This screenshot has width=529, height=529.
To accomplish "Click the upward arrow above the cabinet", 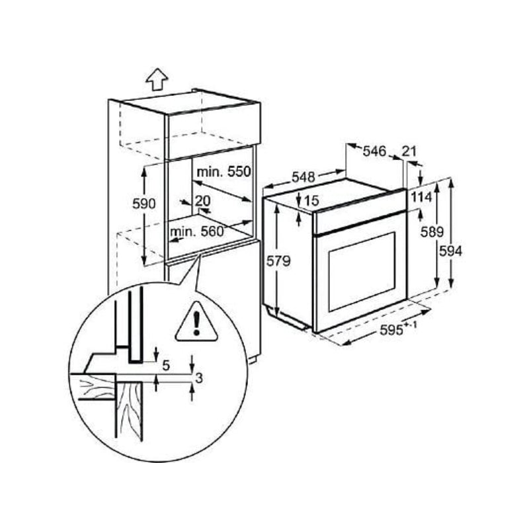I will pyautogui.click(x=157, y=79).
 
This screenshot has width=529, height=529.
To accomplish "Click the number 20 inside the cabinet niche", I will pyautogui.click(x=202, y=200).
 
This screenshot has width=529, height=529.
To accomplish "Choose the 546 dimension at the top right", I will pyautogui.click(x=374, y=151).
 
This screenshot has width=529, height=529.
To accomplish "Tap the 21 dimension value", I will pyautogui.click(x=409, y=151).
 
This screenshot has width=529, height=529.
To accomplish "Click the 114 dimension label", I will pyautogui.click(x=421, y=196).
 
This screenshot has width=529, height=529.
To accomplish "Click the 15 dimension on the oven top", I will pyautogui.click(x=312, y=200).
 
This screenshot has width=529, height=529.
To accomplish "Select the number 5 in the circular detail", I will pyautogui.click(x=166, y=364).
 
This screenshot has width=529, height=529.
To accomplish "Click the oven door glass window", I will pyautogui.click(x=361, y=272).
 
